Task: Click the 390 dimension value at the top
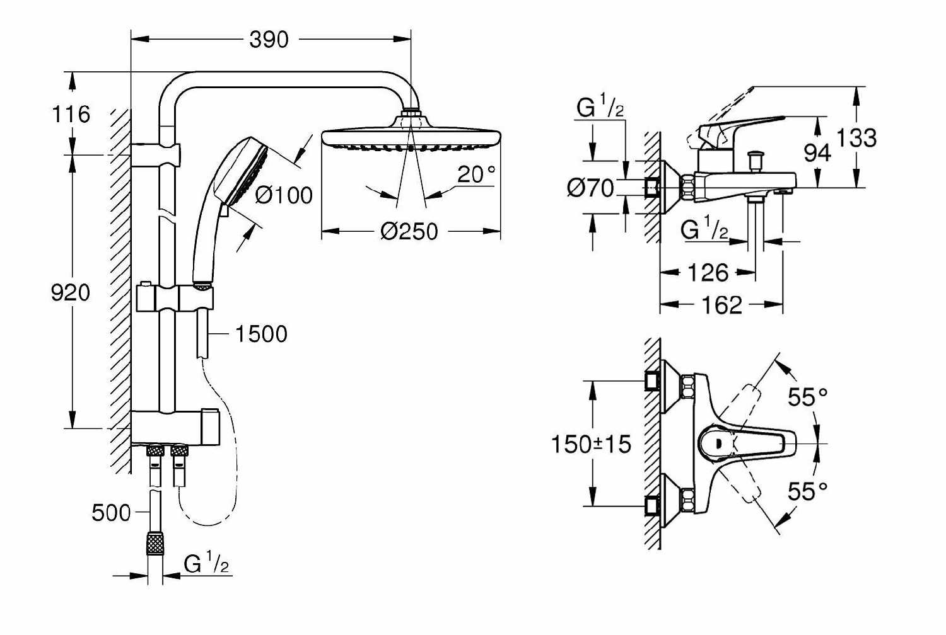pos(269,40)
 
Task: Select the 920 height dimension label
pos(71,292)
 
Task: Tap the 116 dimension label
pos(71,114)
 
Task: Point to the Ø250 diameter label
pos(409,232)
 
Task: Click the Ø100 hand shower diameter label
pos(284,195)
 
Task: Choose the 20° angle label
pos(476,174)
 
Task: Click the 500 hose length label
pos(111,513)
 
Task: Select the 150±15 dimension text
pos(592,444)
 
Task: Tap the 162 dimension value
pos(721,305)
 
